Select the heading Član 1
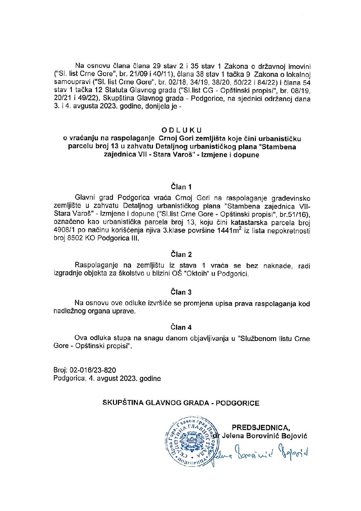(181, 187)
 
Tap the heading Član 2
(181, 254)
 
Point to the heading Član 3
(181, 292)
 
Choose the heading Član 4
(181, 327)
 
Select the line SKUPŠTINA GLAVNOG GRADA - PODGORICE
(181, 403)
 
